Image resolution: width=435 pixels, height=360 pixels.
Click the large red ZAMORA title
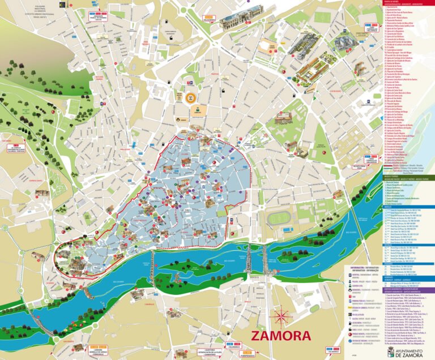281,336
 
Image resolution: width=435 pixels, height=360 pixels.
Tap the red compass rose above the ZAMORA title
281,315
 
